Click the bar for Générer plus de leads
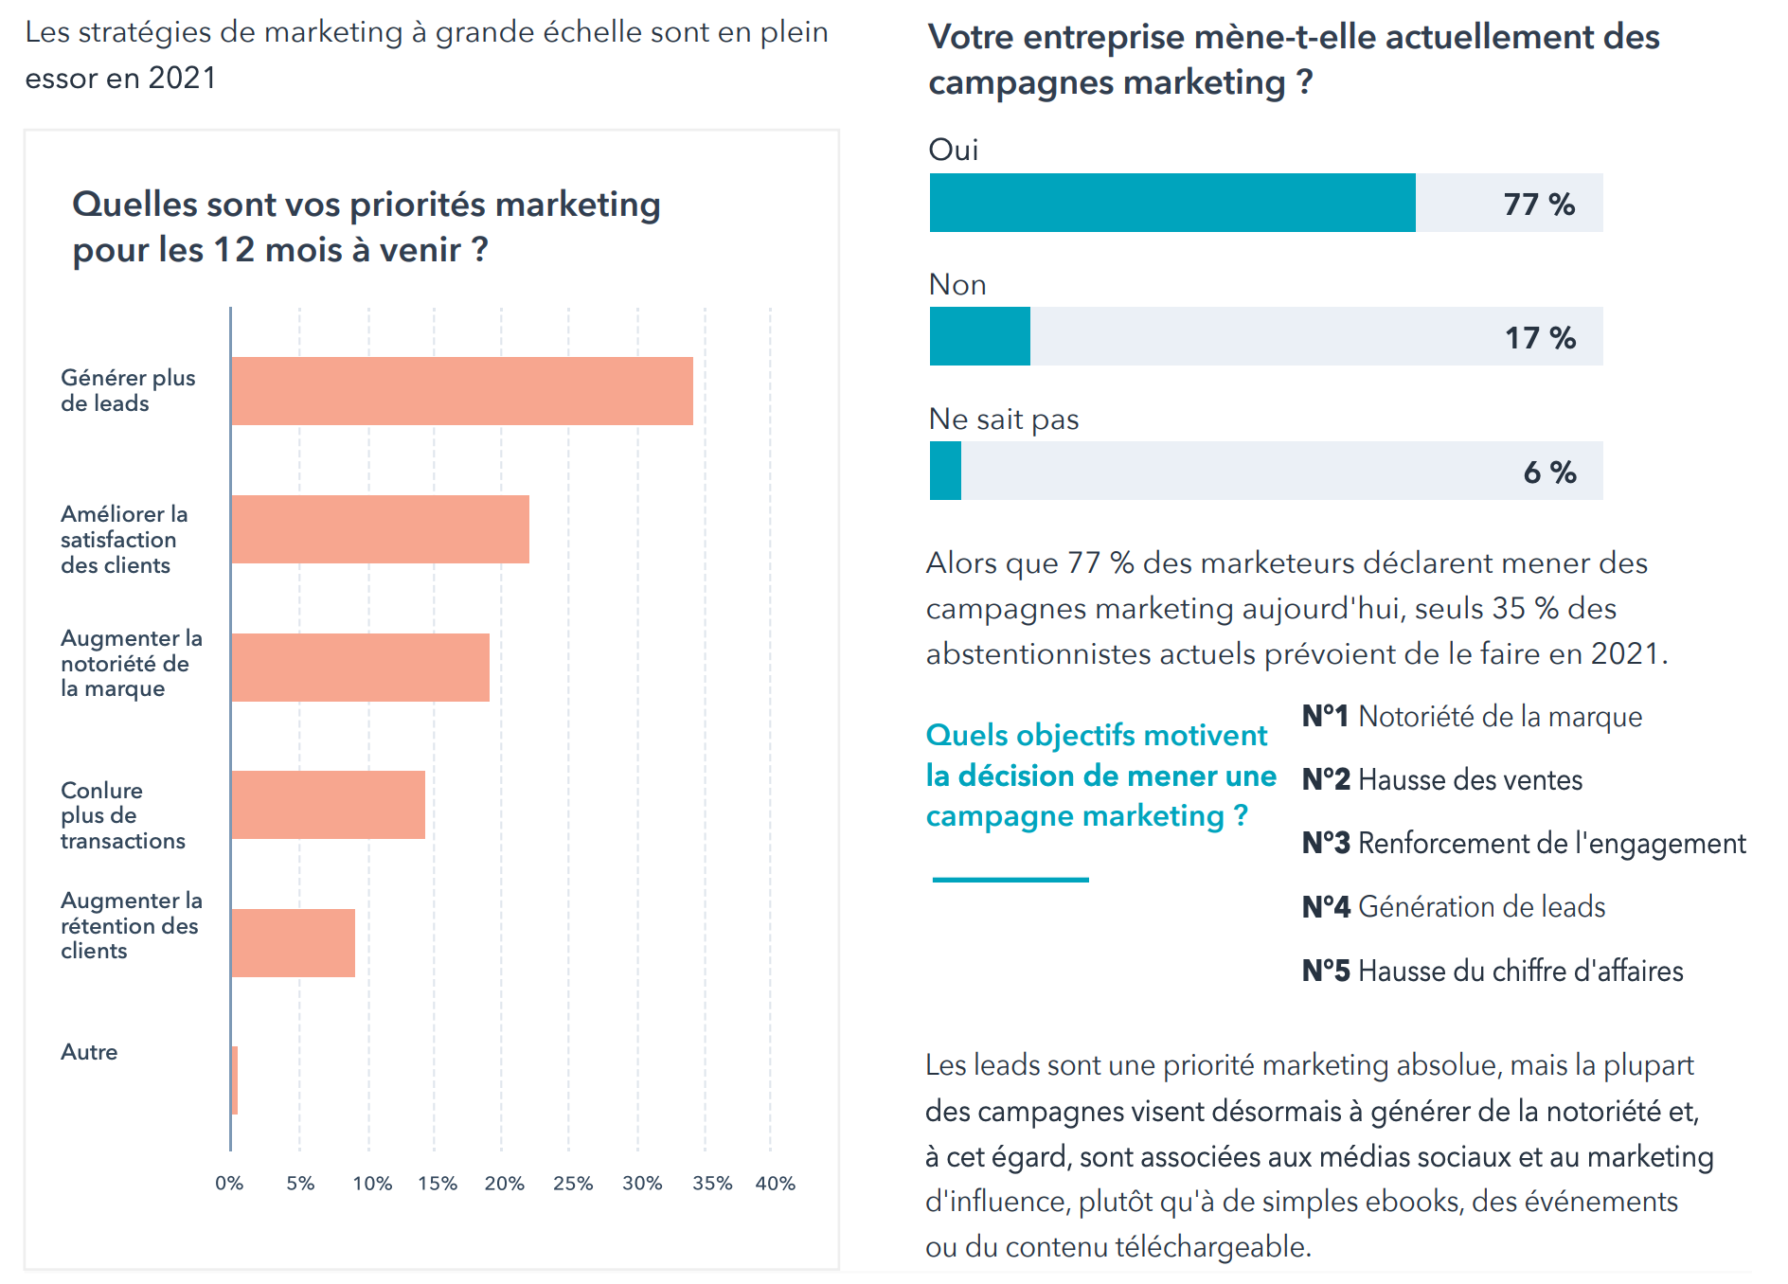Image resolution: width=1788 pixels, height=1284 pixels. tap(462, 391)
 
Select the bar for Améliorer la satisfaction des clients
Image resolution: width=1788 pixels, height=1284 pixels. tap(380, 529)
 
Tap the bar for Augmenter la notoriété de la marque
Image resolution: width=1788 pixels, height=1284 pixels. tap(360, 668)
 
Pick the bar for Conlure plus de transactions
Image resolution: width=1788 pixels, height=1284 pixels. tap(328, 805)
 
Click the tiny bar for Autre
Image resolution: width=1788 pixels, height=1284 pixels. tap(234, 1080)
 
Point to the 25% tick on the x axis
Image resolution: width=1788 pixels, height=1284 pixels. tap(572, 1184)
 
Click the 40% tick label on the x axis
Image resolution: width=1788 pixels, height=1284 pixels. tap(775, 1184)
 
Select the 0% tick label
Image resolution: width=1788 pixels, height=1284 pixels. tap(229, 1184)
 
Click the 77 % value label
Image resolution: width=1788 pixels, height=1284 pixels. tap(1538, 205)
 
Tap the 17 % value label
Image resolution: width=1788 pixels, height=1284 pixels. tap(1540, 338)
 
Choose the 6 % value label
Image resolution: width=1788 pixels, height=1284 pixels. tap(1549, 473)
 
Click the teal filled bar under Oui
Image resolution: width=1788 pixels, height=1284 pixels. tap(1171, 203)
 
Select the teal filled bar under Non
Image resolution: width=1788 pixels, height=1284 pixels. tap(979, 336)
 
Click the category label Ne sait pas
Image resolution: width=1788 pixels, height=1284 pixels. tap(1003, 419)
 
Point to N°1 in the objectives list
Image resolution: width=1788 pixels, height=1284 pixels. tap(1324, 717)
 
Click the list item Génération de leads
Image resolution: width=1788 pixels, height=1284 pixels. tap(1481, 907)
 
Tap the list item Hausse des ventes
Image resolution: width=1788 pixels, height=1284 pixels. tap(1470, 780)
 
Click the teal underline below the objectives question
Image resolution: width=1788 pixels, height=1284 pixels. tap(1010, 880)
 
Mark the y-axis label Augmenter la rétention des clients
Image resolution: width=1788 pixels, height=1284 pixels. tap(131, 925)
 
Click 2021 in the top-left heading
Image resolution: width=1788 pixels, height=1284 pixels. tap(182, 79)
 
